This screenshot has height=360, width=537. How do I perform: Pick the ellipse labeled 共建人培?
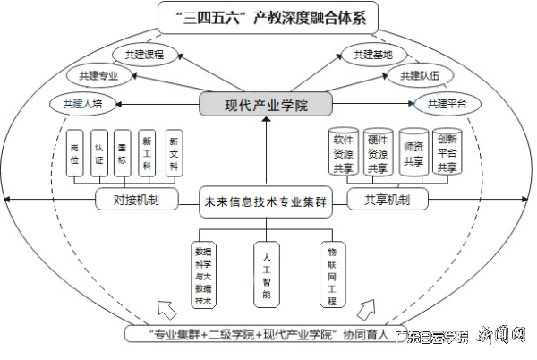83,104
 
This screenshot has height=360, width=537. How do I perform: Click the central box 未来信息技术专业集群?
263,202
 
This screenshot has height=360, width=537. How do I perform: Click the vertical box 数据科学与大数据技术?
202,275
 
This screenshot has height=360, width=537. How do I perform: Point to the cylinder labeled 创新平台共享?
447,152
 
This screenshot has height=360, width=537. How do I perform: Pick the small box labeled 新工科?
148,154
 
